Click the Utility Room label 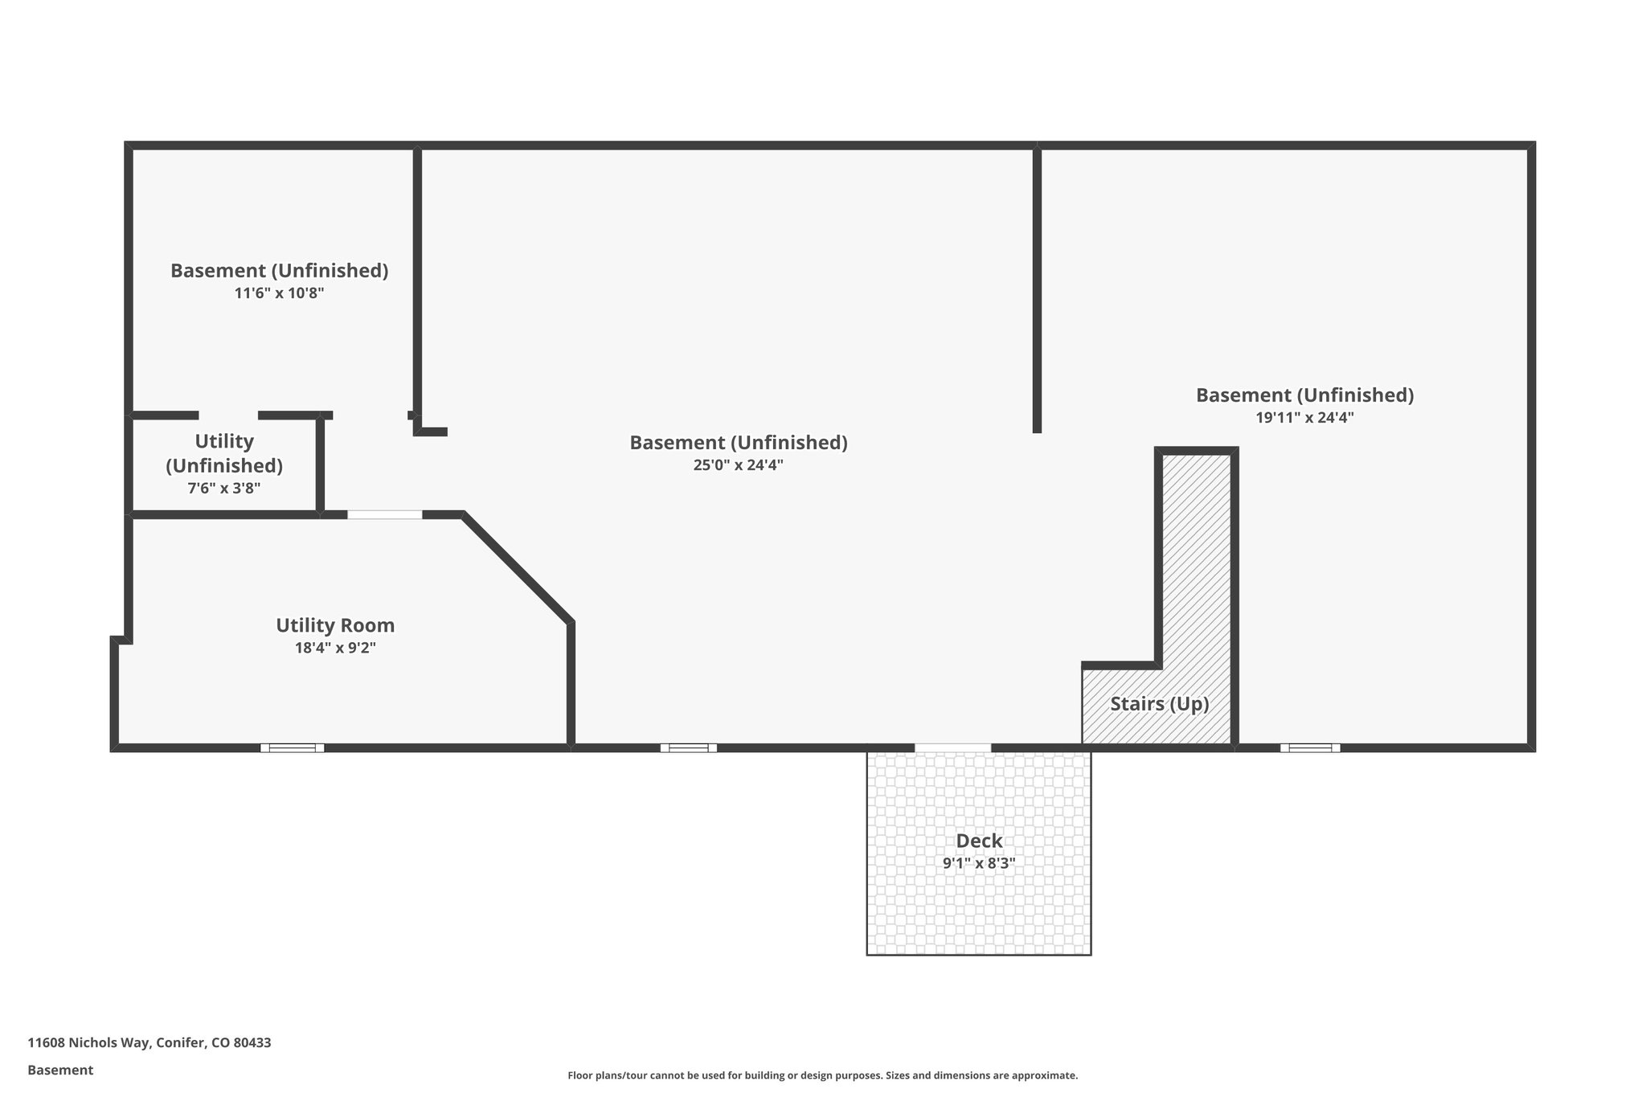click(x=335, y=625)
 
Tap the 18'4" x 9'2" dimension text click(x=335, y=648)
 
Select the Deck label click(x=979, y=841)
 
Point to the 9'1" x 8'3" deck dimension click(x=979, y=863)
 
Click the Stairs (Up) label click(x=1159, y=704)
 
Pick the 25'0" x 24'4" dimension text click(x=738, y=465)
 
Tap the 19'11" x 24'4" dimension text click(x=1304, y=417)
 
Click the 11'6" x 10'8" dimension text click(x=279, y=293)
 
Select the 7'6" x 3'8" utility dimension click(x=223, y=488)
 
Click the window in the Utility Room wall click(x=292, y=747)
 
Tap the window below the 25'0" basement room click(x=689, y=747)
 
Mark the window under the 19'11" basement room click(x=1310, y=747)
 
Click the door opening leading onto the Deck click(x=952, y=747)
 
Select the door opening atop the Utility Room click(x=384, y=514)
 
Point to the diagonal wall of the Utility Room click(x=518, y=567)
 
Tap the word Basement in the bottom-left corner click(x=60, y=1070)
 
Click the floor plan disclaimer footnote click(x=822, y=1075)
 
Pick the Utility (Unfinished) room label click(x=223, y=452)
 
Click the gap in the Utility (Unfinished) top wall click(x=228, y=415)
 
